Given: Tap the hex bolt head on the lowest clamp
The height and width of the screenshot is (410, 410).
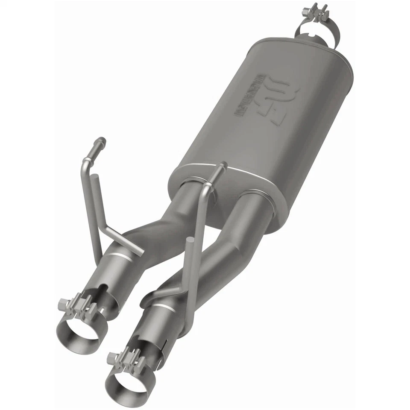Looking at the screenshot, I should [x=112, y=356].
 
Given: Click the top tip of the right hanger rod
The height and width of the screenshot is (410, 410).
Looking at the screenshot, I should [x=222, y=164].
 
